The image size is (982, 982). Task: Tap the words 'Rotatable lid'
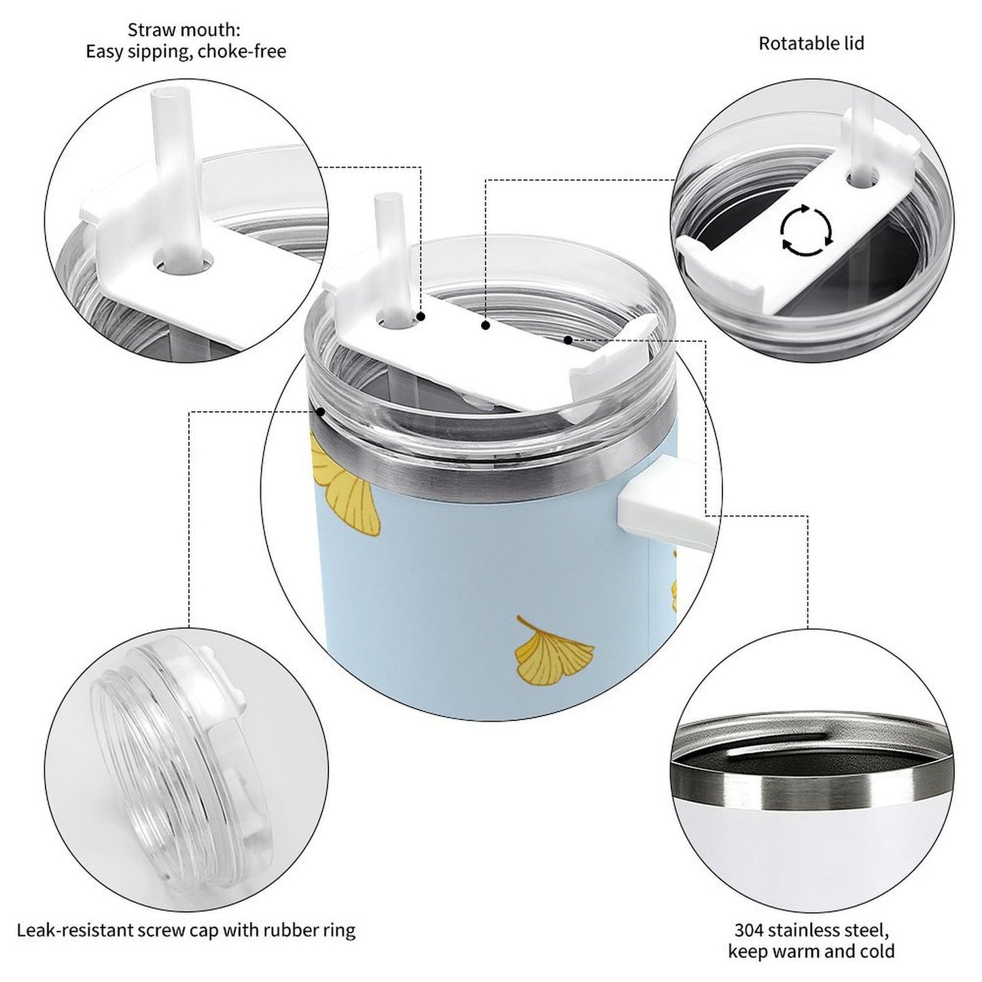coord(811,43)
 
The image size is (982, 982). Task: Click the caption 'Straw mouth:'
coord(184,30)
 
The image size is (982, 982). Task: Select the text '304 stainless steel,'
coord(811,929)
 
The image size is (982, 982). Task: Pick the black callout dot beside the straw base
coord(421,317)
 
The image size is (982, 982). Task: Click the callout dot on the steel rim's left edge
coord(320,411)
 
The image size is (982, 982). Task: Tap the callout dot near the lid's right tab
coord(567,338)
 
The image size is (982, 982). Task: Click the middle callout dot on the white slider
coord(485,326)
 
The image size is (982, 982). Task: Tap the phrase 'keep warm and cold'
coord(811,951)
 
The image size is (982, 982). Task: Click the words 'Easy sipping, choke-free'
coord(186,52)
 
